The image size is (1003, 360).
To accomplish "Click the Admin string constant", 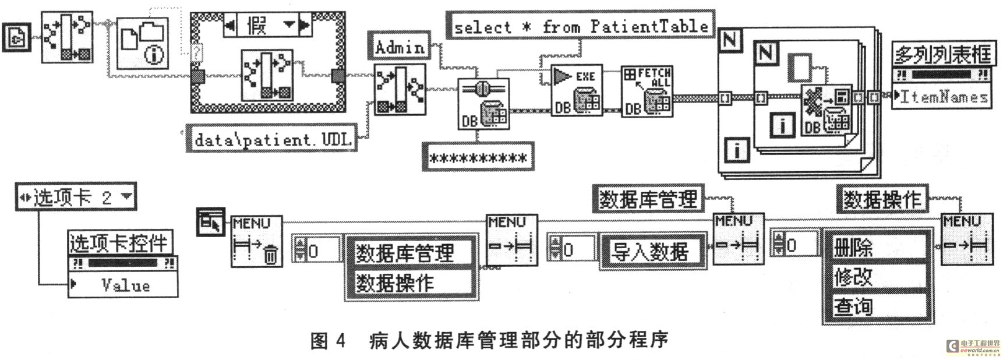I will point(400,47).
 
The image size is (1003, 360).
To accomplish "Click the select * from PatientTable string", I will point(580,26).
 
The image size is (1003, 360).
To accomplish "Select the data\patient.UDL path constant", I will point(272,140).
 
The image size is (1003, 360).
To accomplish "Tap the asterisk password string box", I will point(478,158).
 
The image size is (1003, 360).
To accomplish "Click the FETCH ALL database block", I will point(647,91).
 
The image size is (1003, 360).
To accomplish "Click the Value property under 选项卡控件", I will point(124,285).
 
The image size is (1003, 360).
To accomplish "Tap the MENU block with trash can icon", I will point(256,241).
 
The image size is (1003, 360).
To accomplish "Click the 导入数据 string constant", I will point(649,252).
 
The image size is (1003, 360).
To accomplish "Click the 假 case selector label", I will point(257,25).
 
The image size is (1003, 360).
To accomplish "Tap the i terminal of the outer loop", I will point(736,151).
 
